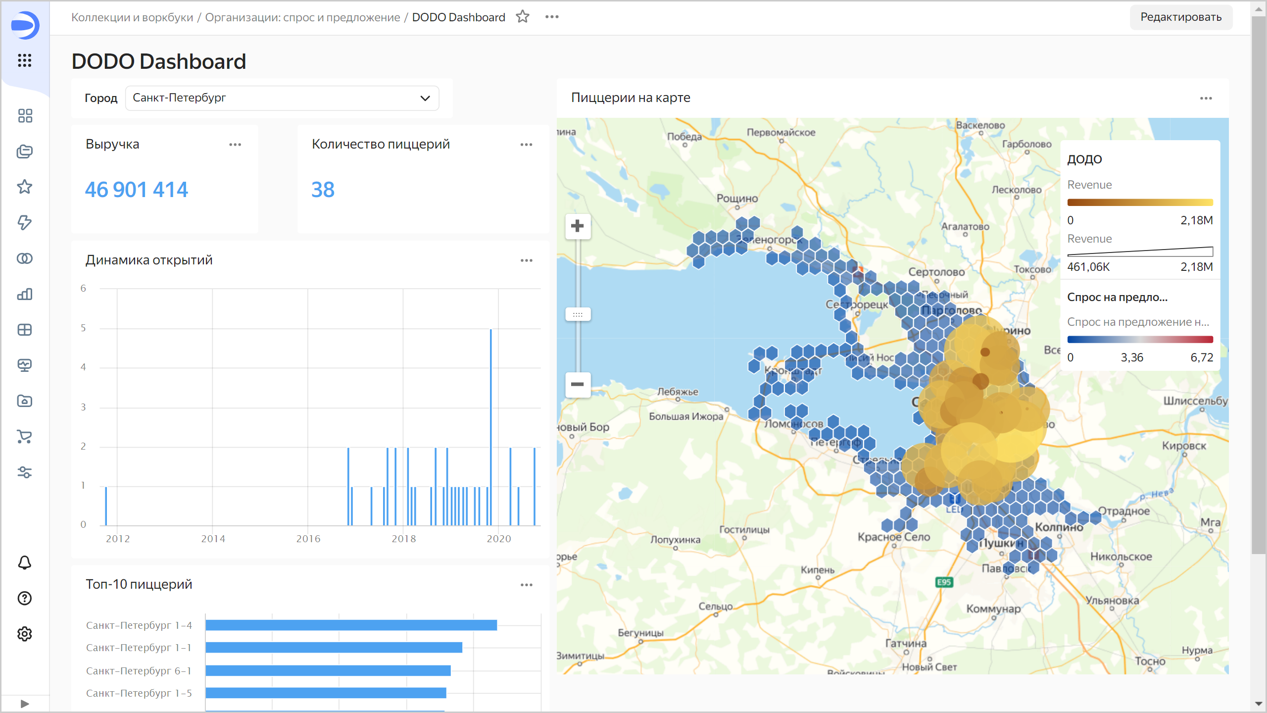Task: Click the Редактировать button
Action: (1180, 17)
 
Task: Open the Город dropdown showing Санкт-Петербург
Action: (282, 98)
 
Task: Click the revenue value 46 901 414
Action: (137, 190)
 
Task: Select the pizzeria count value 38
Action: (323, 190)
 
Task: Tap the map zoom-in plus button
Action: (578, 226)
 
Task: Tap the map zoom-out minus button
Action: (578, 384)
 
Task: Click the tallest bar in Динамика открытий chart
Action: (490, 426)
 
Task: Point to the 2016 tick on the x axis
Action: (308, 539)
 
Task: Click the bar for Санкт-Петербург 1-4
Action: (351, 625)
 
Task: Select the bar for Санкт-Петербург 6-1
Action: (328, 670)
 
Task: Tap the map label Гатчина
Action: (906, 643)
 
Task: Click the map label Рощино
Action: (737, 199)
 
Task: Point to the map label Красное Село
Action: (894, 537)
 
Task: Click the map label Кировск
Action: (1184, 446)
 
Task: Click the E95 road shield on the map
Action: (944, 582)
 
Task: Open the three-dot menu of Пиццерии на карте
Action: (1206, 98)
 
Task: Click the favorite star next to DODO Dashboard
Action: (523, 17)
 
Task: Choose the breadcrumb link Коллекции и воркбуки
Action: (132, 17)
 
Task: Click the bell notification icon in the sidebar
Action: (24, 562)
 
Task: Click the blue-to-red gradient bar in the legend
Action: (1140, 340)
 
